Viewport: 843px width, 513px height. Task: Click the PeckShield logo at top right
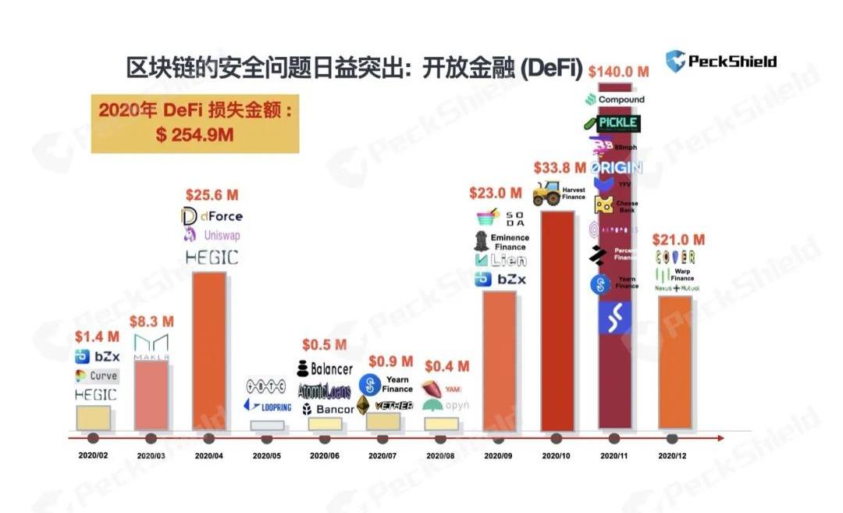point(720,61)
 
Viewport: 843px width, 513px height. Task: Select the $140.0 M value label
point(619,71)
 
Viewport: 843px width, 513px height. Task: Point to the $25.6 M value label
point(212,194)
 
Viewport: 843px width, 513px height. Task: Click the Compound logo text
point(616,99)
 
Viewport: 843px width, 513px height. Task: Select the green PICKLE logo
point(612,123)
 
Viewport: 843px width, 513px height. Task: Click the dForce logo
point(212,216)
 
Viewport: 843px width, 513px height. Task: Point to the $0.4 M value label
point(446,366)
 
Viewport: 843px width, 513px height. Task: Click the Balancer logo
point(324,368)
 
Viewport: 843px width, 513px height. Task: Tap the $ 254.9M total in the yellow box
point(194,135)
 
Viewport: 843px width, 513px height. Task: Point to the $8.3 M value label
point(151,320)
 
